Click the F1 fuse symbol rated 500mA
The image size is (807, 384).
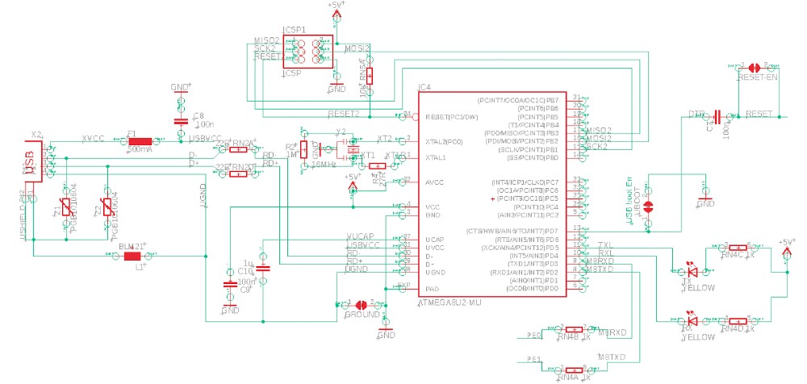[146, 143]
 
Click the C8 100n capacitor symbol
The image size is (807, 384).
[181, 121]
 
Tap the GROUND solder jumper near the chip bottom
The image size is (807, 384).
[362, 305]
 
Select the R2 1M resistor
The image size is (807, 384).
[303, 151]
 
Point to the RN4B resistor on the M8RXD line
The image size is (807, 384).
[573, 329]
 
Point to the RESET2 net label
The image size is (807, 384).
[343, 114]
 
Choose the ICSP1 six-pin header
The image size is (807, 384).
[307, 53]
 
